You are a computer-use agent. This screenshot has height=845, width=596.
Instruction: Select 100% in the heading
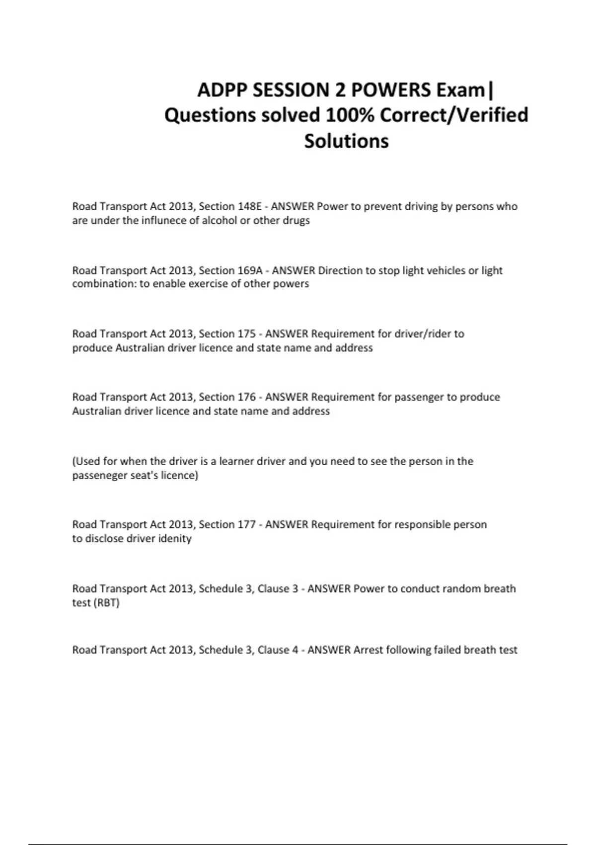pos(349,115)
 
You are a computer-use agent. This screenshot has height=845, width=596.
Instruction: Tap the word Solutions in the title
pos(346,141)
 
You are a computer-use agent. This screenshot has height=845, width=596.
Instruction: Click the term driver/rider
pos(422,334)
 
